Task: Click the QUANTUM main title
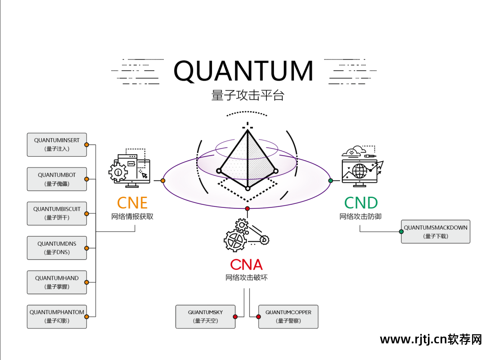[x=243, y=71]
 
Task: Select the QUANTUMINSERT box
[x=57, y=144]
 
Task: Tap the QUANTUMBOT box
[x=57, y=179]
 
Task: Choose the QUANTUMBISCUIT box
[x=57, y=213]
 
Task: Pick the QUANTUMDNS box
[x=57, y=248]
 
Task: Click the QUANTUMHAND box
[x=57, y=282]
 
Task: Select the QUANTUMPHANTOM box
[x=57, y=316]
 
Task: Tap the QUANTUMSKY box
[x=205, y=316]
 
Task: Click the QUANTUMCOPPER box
[x=288, y=316]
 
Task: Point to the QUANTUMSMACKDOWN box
[x=435, y=232]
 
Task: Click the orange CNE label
[x=132, y=203]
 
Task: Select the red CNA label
[x=246, y=264]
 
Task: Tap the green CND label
[x=361, y=203]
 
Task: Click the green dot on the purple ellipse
[x=331, y=180]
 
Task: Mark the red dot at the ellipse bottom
[x=247, y=208]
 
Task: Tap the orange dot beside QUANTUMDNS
[x=86, y=248]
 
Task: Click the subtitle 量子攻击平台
[x=247, y=95]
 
